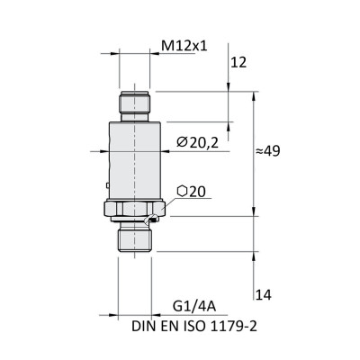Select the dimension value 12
tap(238, 62)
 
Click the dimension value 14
tap(264, 294)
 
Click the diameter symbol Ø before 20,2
tap(181, 141)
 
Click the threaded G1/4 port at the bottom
tap(136, 238)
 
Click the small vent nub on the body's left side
tap(107, 187)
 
